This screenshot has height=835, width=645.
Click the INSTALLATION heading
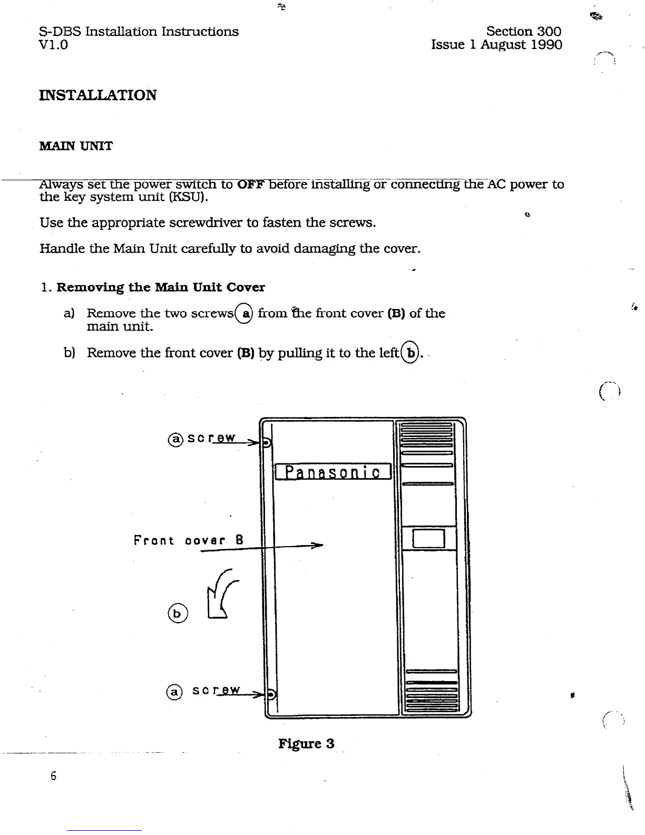[x=98, y=95]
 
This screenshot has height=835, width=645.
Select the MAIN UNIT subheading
[x=76, y=146]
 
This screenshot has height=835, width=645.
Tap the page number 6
[x=53, y=776]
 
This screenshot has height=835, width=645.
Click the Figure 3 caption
[x=306, y=743]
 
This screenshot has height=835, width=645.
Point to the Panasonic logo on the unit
[x=333, y=472]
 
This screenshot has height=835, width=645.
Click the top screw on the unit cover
[x=266, y=443]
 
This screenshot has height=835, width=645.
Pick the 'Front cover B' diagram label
[x=188, y=540]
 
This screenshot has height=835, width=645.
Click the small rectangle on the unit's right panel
[x=429, y=539]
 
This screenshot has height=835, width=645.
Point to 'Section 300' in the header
[x=523, y=32]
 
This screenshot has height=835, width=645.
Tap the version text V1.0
[x=54, y=44]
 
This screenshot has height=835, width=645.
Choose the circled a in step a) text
[x=245, y=313]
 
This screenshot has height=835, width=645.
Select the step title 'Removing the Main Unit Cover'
[x=161, y=287]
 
